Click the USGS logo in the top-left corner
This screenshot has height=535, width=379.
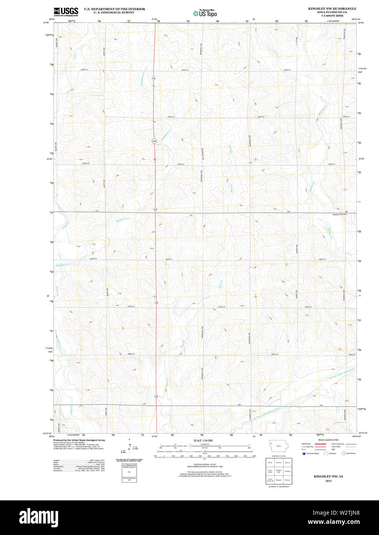66,11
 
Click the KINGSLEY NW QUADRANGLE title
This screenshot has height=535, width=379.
332,8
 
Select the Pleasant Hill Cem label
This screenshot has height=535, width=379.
340,214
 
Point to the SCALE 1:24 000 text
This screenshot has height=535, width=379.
203,440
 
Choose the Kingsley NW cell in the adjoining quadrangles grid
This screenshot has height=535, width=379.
279,471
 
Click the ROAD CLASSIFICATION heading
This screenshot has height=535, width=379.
328,440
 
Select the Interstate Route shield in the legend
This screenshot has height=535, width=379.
304,453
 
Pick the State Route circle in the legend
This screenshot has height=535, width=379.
344,453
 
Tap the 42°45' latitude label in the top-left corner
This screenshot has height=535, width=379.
46,23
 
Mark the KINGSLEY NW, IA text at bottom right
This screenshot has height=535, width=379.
328,476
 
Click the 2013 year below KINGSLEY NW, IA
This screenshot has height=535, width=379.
328,481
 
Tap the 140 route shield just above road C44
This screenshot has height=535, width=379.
155,209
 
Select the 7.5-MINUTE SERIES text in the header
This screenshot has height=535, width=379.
332,16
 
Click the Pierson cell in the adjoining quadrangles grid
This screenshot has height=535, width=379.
287,480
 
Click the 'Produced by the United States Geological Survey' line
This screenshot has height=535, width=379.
79,440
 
